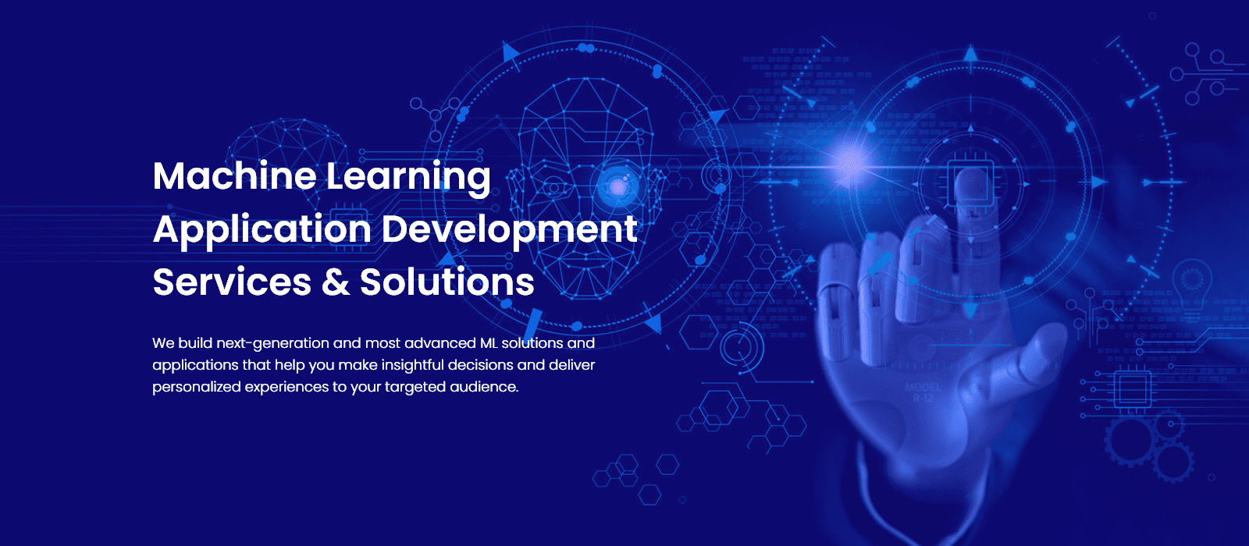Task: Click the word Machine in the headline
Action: pos(235,176)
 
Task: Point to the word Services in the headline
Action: pos(232,282)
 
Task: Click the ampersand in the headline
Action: pos(336,282)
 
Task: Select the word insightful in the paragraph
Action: pos(413,365)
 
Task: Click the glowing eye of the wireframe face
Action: pos(617,186)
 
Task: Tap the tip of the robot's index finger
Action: pos(971,172)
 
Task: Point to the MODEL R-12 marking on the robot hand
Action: pos(923,393)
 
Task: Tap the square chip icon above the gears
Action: pos(1132,388)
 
